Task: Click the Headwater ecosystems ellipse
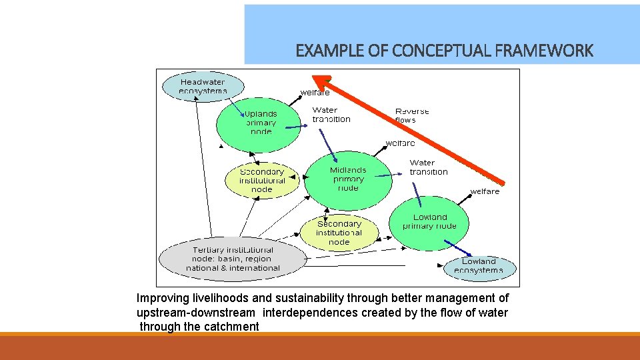tap(203, 87)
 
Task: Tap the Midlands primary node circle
tap(347, 179)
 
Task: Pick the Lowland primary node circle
tap(429, 222)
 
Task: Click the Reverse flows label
tap(412, 115)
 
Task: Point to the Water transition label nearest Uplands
tap(331, 115)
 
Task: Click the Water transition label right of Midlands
tap(429, 167)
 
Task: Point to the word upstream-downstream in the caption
tap(195, 313)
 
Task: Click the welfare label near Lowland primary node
tap(485, 191)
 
